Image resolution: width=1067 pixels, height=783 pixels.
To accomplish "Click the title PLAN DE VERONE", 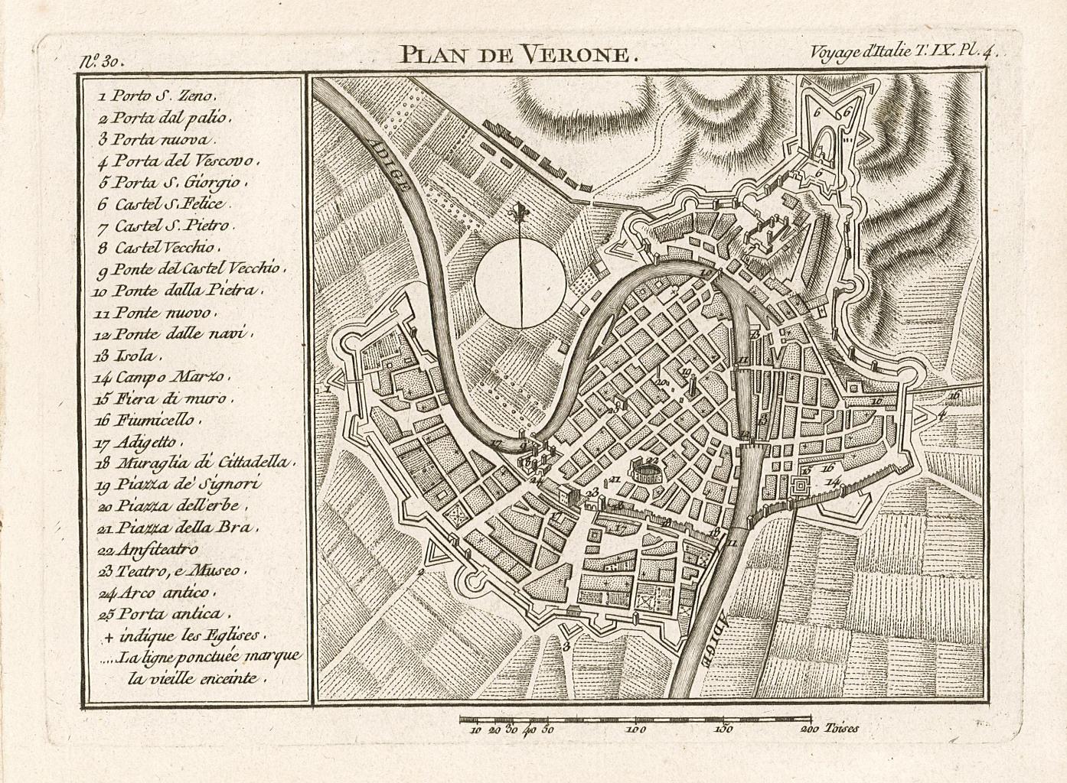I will [517, 54].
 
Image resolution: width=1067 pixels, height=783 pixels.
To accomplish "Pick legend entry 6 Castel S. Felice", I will [169, 204].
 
